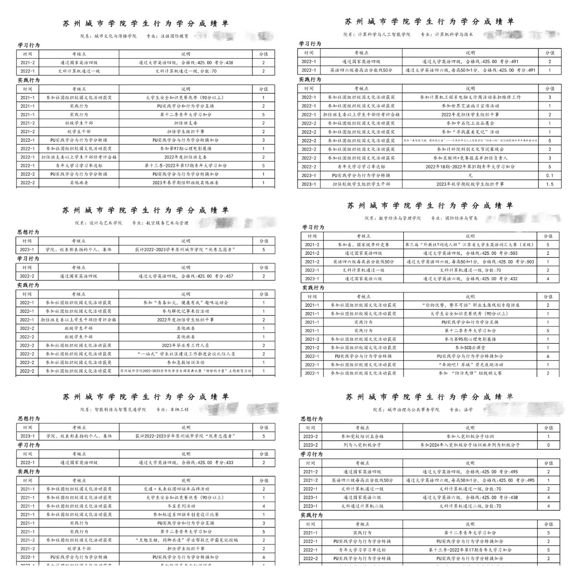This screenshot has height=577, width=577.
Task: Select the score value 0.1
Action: tap(550, 176)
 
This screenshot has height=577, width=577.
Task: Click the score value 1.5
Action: tap(550, 184)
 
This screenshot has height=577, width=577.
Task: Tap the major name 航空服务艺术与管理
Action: tap(167, 223)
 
